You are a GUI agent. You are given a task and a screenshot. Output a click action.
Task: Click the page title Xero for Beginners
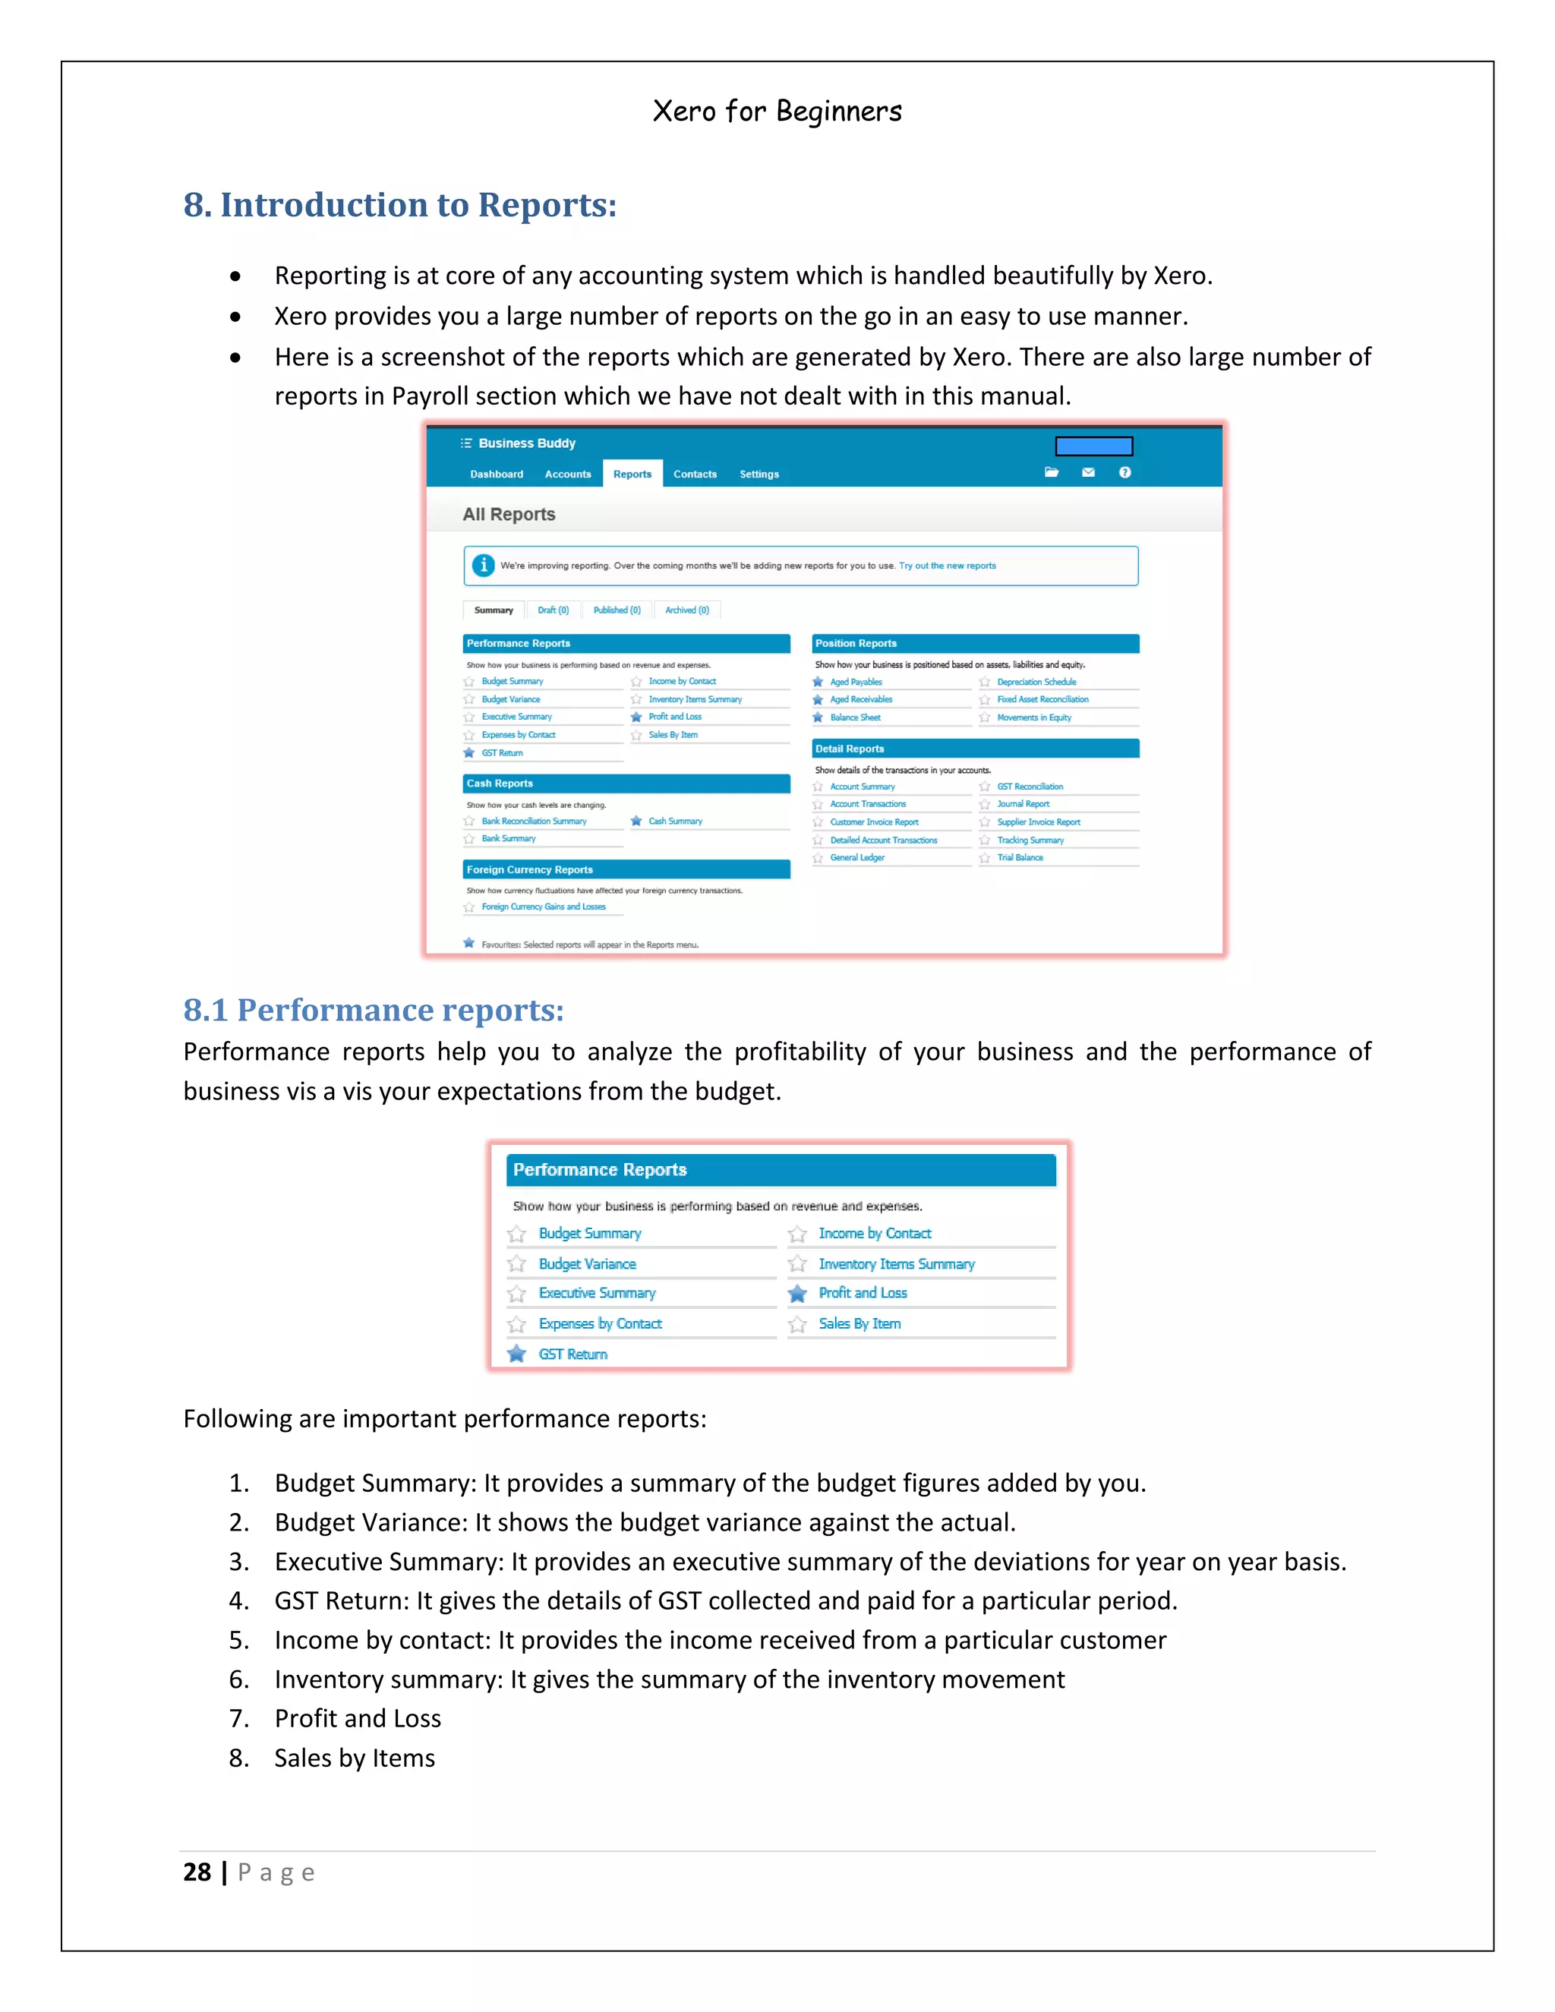pyautogui.click(x=777, y=112)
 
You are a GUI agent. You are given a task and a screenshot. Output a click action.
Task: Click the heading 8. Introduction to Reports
pyautogui.click(x=400, y=204)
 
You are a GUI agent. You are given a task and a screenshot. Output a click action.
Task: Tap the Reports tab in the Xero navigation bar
pyautogui.click(x=632, y=474)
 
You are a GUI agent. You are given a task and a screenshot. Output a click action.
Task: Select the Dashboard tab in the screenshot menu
pyautogui.click(x=497, y=474)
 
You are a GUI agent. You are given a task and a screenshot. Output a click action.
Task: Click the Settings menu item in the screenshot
pyautogui.click(x=759, y=474)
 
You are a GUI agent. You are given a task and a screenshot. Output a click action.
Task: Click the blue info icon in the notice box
pyautogui.click(x=483, y=565)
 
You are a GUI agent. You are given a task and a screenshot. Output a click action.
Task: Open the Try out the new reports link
pyautogui.click(x=947, y=566)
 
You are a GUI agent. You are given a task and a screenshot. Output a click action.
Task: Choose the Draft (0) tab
pyautogui.click(x=553, y=610)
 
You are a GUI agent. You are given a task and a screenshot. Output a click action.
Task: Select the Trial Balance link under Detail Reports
pyautogui.click(x=1020, y=858)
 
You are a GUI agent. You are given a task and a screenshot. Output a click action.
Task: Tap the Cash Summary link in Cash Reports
pyautogui.click(x=674, y=821)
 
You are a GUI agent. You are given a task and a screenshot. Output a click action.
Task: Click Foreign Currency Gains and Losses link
pyautogui.click(x=544, y=907)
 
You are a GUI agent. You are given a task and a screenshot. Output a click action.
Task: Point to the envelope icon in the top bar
pyautogui.click(x=1088, y=472)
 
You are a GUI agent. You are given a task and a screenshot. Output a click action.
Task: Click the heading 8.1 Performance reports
pyautogui.click(x=373, y=1010)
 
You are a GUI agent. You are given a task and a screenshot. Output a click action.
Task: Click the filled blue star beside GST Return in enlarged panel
pyautogui.click(x=517, y=1353)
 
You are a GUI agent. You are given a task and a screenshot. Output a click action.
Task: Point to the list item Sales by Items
pyautogui.click(x=354, y=1758)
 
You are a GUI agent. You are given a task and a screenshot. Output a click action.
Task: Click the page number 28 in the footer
pyautogui.click(x=197, y=1872)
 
